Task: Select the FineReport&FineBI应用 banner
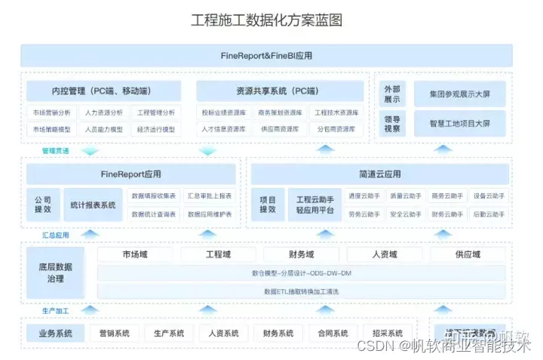267,56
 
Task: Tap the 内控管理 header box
104,91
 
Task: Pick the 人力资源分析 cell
103,112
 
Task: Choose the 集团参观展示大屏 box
459,94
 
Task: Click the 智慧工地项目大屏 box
459,123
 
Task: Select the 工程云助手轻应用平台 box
314,205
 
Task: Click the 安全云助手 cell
406,214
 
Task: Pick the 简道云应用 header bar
379,174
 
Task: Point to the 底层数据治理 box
55,272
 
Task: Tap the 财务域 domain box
300,254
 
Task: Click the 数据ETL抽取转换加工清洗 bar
301,291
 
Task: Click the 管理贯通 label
55,151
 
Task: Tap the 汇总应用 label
55,235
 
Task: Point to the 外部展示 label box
393,94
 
